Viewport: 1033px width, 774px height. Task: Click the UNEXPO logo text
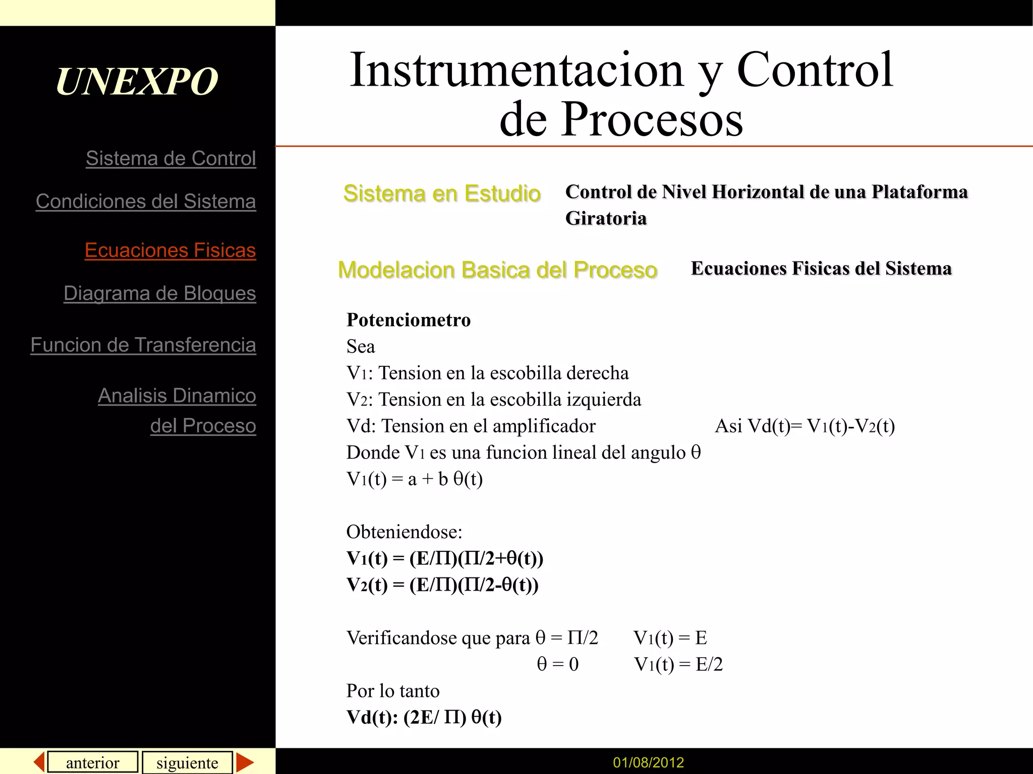pyautogui.click(x=137, y=81)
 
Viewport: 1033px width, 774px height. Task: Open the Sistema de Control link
pyautogui.click(x=170, y=158)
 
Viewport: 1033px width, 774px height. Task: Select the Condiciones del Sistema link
pyautogui.click(x=146, y=201)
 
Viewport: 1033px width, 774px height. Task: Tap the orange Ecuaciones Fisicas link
pyautogui.click(x=170, y=250)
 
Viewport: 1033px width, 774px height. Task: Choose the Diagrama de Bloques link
pyautogui.click(x=159, y=293)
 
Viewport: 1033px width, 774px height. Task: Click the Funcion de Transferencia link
pyautogui.click(x=143, y=345)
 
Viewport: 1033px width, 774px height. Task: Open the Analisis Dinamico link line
pyautogui.click(x=177, y=396)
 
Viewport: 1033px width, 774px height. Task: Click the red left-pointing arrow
pyautogui.click(x=39, y=761)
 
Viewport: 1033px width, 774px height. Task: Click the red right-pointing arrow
pyautogui.click(x=245, y=762)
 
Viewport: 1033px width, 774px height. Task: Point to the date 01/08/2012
pyautogui.click(x=648, y=762)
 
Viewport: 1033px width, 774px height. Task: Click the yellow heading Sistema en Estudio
pyautogui.click(x=442, y=193)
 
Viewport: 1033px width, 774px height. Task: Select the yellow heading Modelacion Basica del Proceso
pyautogui.click(x=497, y=270)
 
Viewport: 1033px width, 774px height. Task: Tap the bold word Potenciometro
pyautogui.click(x=409, y=320)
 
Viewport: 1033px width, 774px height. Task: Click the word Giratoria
pyautogui.click(x=606, y=218)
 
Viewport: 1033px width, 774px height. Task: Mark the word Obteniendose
pyautogui.click(x=404, y=532)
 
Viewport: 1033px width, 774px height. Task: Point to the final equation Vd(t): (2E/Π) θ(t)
pyautogui.click(x=424, y=717)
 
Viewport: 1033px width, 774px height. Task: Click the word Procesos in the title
pyautogui.click(x=652, y=119)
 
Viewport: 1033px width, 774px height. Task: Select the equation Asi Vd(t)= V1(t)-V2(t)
pyautogui.click(x=805, y=426)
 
